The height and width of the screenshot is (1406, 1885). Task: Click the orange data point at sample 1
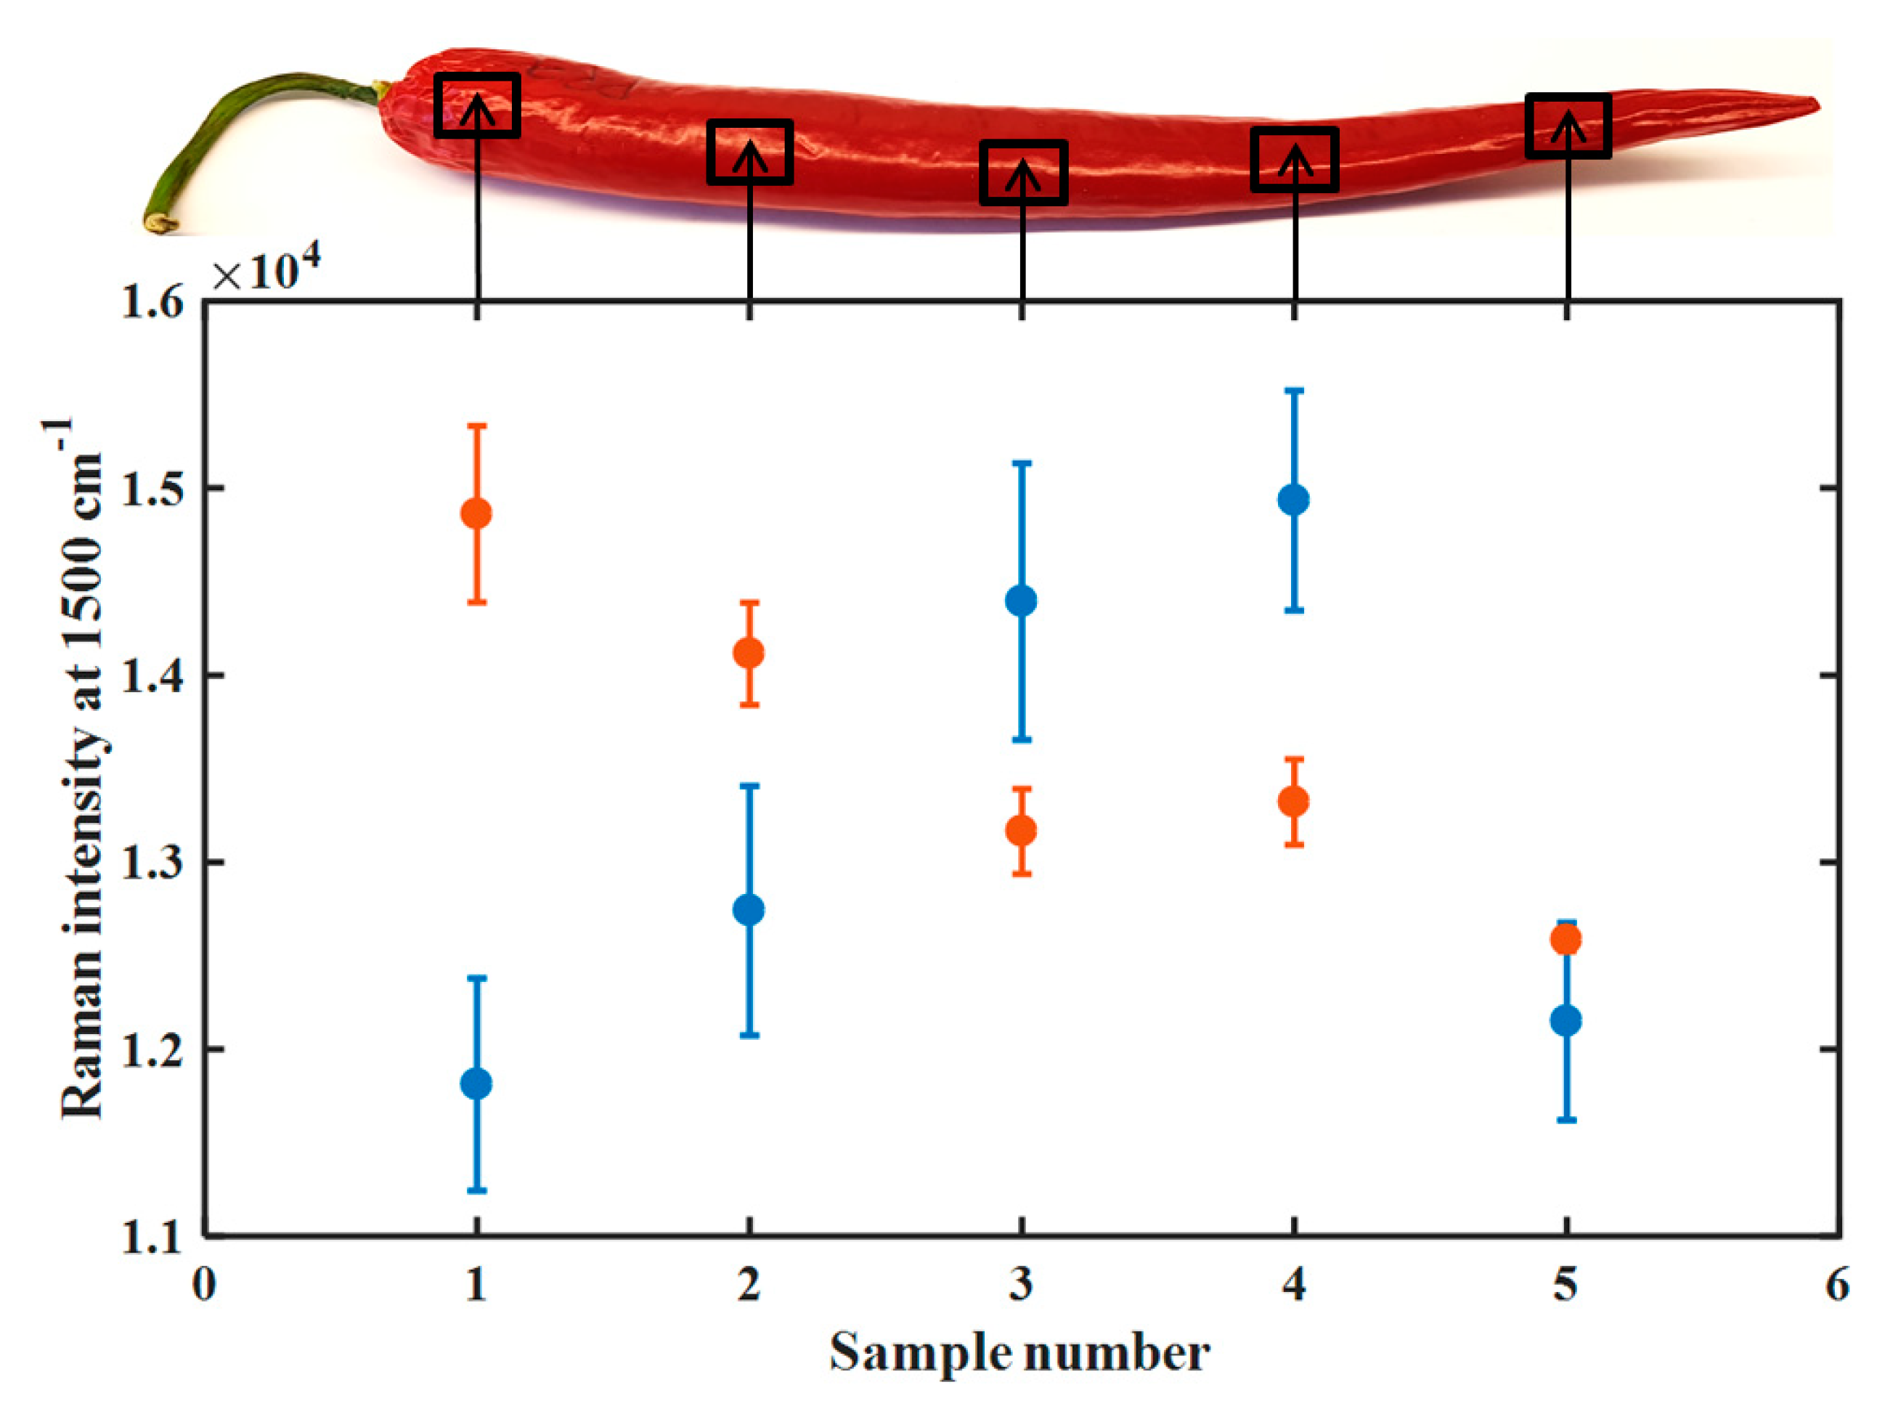pos(476,513)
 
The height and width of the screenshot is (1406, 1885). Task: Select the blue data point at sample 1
pos(476,1084)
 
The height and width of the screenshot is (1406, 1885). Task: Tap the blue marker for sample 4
pos(1293,500)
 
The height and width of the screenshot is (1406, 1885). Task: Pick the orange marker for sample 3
pos(1021,830)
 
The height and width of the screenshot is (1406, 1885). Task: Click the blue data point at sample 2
pos(749,909)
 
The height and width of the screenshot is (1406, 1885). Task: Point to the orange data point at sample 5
pos(1566,940)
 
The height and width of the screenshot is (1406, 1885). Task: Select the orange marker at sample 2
pos(749,653)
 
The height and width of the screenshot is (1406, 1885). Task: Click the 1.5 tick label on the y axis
pos(152,489)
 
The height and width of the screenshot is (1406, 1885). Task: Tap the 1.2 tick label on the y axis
pos(152,1049)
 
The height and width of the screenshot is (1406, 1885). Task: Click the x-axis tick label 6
pos(1836,1285)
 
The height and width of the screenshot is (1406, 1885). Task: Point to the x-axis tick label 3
pos(1021,1285)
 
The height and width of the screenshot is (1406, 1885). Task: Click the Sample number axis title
pos(1019,1353)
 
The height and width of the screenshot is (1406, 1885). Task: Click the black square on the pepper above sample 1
pos(476,105)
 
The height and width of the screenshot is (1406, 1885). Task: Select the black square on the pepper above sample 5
pos(1568,125)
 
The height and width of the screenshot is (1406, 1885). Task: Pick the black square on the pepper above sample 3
pos(1023,172)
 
